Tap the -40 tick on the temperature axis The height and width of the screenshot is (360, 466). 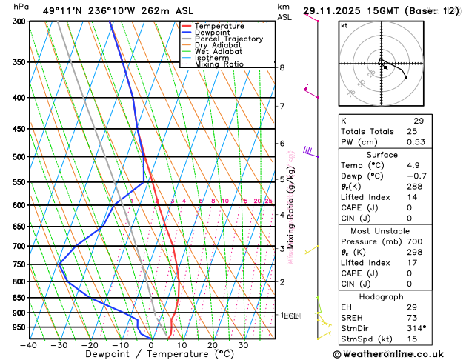click(x=29, y=345)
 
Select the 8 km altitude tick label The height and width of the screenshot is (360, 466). click(x=282, y=67)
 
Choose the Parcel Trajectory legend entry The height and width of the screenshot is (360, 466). click(x=228, y=39)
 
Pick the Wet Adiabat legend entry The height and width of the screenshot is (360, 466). click(x=218, y=52)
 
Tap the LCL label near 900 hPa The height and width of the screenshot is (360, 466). click(x=289, y=316)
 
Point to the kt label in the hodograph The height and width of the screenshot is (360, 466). click(x=344, y=25)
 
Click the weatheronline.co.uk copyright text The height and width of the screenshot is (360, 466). click(x=401, y=353)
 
